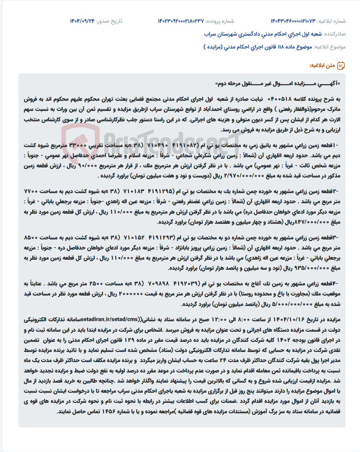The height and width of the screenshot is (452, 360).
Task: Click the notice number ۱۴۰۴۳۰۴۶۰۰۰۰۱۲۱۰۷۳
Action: tap(293, 21)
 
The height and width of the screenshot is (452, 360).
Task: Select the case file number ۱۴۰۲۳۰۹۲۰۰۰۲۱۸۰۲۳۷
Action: tap(181, 21)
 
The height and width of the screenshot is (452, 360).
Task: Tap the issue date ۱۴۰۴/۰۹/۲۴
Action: tap(82, 21)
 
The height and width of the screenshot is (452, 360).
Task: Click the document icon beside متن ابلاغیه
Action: tap(341, 66)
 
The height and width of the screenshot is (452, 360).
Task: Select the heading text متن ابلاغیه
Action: tap(322, 66)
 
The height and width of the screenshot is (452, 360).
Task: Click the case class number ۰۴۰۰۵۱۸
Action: tap(280, 99)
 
